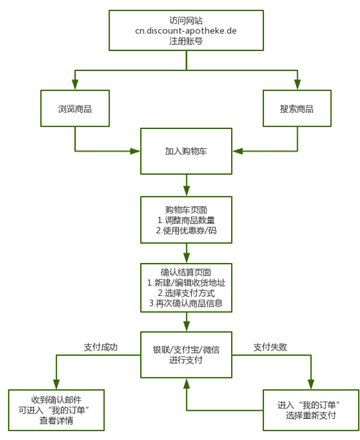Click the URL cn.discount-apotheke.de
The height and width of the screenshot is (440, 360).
pos(186,30)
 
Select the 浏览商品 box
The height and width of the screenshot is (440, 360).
pos(74,109)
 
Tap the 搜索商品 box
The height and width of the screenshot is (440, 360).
pos(297,109)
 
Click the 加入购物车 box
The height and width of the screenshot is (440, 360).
pos(186,151)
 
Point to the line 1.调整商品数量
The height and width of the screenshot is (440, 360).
pos(186,220)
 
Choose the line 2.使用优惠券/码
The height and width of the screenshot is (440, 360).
pos(186,231)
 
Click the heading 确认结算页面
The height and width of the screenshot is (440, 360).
pos(186,272)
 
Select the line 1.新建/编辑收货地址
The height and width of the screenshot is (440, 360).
pos(186,282)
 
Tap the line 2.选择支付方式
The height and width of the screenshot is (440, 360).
pos(186,293)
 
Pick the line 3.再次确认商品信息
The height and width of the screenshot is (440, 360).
pos(186,303)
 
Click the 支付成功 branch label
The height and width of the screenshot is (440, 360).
pos(101,347)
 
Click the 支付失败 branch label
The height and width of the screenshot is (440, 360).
pos(270,347)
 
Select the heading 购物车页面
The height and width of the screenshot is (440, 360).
pos(186,210)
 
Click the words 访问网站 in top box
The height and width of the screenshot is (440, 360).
pos(186,20)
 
